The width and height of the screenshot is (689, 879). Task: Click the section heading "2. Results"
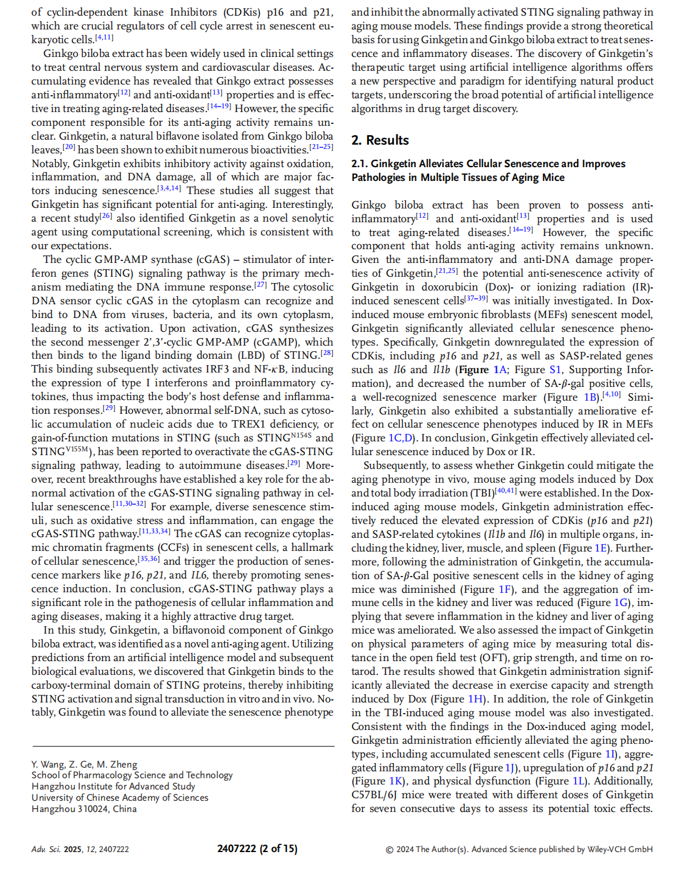tap(380, 140)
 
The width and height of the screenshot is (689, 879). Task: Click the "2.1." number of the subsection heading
tap(360, 164)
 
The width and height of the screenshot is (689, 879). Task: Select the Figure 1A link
tap(500, 369)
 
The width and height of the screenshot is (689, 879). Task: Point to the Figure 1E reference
tap(601, 548)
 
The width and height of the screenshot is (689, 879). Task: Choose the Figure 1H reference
tap(475, 699)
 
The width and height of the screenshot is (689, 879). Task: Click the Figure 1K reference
tap(396, 781)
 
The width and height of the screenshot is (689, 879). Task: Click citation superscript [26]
tap(106, 216)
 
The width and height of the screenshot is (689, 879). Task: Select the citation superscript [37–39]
tap(476, 299)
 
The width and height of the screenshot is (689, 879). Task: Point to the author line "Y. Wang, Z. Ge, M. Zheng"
tap(84, 764)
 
